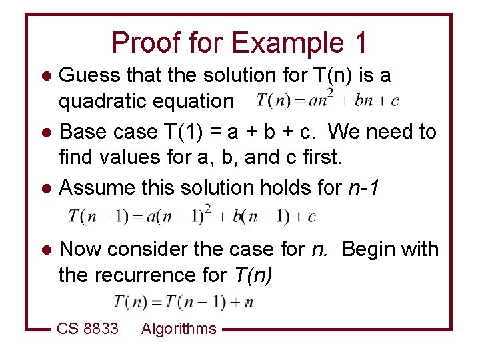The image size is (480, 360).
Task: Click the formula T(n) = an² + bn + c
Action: [328, 100]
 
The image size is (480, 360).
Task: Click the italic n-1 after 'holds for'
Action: [364, 189]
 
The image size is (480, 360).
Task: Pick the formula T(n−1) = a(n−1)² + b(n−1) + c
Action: [192, 215]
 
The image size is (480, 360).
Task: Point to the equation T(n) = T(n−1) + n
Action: [184, 301]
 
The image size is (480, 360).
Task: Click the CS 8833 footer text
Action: [87, 329]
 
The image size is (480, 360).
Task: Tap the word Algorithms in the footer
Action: [179, 329]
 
